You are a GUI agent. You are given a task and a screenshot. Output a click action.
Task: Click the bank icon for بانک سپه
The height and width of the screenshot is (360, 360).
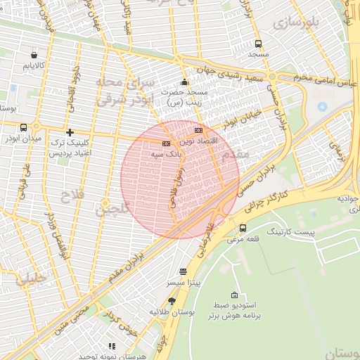coord(166,143)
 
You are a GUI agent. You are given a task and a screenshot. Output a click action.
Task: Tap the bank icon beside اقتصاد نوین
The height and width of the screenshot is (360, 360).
coord(198,130)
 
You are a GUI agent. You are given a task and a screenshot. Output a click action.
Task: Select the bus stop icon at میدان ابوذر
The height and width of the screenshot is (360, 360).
coord(25,127)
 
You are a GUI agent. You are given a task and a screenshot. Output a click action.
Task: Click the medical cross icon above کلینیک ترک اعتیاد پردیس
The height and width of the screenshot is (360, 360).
coord(69,132)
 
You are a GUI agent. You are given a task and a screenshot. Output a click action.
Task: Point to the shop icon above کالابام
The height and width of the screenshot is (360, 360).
coord(34,54)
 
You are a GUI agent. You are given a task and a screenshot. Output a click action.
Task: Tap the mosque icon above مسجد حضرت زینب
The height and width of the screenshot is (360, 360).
coord(184,81)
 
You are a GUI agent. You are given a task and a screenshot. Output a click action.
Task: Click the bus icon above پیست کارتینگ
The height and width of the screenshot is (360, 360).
coord(243,228)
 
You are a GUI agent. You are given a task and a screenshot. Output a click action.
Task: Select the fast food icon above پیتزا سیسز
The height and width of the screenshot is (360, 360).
coord(184,271)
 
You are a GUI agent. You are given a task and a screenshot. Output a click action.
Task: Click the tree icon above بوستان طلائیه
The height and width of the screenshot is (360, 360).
coord(172,301)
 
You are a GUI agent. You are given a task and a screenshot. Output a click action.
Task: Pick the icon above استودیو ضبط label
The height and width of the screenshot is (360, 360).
coord(234,295)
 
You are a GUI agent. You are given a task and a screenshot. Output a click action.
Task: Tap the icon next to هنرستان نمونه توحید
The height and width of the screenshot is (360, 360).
coord(111,346)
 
